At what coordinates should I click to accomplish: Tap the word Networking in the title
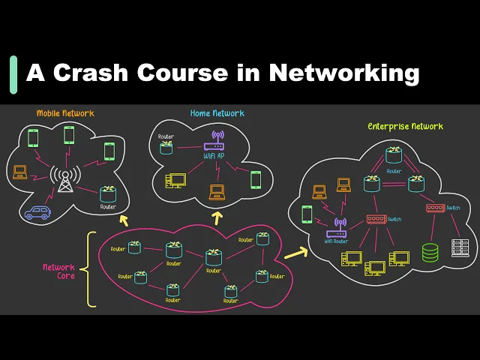(344, 73)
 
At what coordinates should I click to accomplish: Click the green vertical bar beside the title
(13, 73)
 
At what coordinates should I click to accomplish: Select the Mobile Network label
(66, 113)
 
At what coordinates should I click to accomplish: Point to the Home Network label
(217, 113)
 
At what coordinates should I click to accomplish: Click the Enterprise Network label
(405, 126)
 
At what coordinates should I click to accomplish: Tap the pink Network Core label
(58, 271)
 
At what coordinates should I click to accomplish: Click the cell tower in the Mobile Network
(67, 180)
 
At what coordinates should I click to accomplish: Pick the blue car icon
(36, 212)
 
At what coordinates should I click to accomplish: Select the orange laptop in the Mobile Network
(20, 172)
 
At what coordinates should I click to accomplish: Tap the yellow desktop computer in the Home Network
(176, 180)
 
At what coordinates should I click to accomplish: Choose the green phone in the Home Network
(256, 179)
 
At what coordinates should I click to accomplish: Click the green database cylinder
(430, 252)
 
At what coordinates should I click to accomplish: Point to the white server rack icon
(460, 247)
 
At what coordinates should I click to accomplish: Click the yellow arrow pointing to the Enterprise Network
(295, 253)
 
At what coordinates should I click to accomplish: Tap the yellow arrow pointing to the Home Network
(218, 217)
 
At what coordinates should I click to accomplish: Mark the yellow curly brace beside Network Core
(91, 269)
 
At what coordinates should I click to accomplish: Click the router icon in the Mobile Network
(109, 193)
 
